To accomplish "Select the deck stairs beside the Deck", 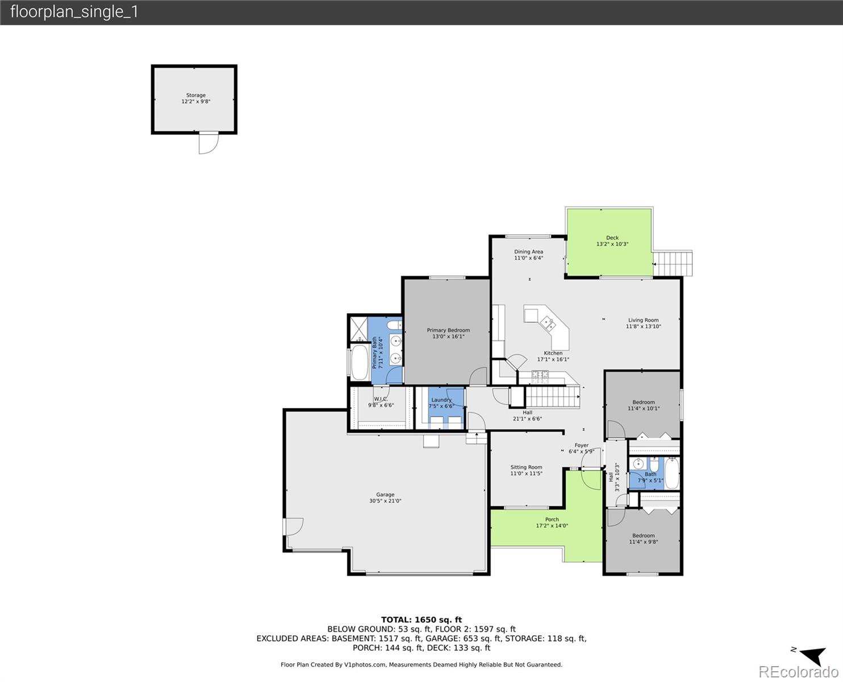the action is pyautogui.click(x=673, y=264).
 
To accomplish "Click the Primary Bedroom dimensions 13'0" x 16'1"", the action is pyautogui.click(x=448, y=336).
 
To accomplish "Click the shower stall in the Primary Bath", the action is pyautogui.click(x=358, y=328).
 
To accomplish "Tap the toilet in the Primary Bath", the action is pyautogui.click(x=394, y=325).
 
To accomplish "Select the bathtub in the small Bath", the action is pyautogui.click(x=671, y=473).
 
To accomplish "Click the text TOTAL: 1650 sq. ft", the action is pyautogui.click(x=421, y=619).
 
